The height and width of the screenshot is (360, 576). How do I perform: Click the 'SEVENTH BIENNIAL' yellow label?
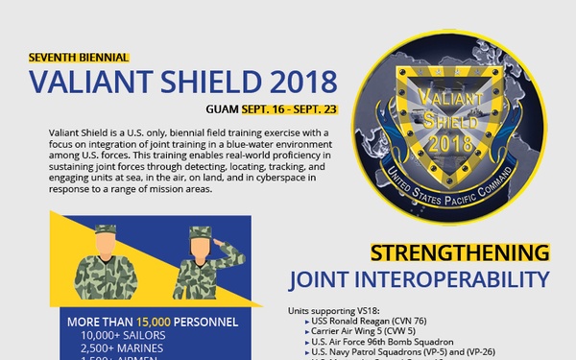click(x=79, y=58)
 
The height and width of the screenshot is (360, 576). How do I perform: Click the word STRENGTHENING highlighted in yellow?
click(x=460, y=253)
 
